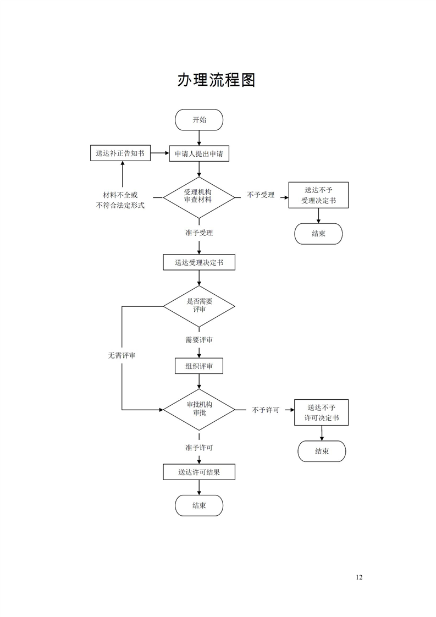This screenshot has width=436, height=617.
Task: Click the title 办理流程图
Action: (x=216, y=80)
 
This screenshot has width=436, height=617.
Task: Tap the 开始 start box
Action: (x=199, y=120)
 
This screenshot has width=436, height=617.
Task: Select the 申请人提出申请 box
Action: (x=199, y=154)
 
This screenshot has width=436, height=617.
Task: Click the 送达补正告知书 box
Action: (x=120, y=153)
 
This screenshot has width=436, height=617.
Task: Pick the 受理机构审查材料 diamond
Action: (x=198, y=196)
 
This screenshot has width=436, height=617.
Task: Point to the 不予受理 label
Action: (x=261, y=195)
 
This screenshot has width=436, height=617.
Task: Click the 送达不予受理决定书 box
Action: (x=318, y=195)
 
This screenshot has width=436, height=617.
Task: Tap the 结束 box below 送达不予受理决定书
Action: (x=318, y=234)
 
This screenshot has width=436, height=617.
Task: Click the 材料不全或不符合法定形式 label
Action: (x=120, y=200)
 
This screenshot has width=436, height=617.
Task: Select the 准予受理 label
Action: (x=199, y=233)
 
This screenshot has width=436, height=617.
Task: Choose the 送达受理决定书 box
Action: (x=199, y=262)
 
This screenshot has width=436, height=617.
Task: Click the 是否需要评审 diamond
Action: (x=199, y=305)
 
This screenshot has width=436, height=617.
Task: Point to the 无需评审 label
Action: (x=122, y=356)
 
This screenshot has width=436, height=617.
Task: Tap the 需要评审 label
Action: (x=199, y=340)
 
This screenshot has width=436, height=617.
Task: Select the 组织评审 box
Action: (x=199, y=366)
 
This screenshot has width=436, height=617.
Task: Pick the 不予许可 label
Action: (x=266, y=410)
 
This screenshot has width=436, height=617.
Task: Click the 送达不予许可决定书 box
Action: (x=322, y=412)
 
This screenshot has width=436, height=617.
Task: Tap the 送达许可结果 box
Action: (x=199, y=472)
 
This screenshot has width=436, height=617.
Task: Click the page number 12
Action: (x=359, y=577)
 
